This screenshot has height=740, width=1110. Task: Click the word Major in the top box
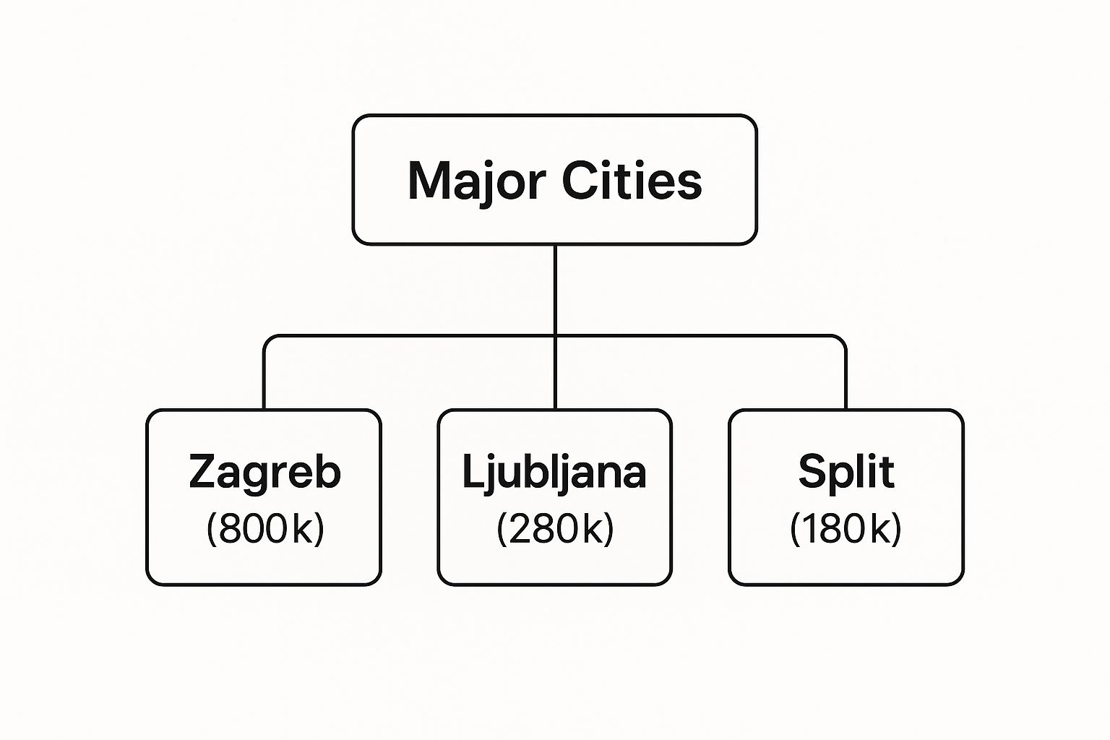click(476, 181)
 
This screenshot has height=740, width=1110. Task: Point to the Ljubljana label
click(554, 473)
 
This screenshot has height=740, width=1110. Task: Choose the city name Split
click(846, 472)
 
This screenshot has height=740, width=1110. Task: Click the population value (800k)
click(265, 529)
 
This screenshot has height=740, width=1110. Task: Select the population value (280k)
click(555, 529)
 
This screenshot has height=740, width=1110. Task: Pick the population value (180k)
click(846, 529)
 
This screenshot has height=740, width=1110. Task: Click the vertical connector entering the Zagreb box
click(264, 379)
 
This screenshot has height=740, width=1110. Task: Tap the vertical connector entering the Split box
click(846, 379)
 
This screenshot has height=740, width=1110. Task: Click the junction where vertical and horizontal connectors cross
click(555, 336)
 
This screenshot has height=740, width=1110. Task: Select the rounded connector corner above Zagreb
click(268, 340)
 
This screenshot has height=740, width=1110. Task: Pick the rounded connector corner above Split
click(841, 340)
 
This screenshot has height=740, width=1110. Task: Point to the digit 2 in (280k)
click(520, 528)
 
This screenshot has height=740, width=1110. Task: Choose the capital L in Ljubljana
click(473, 471)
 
